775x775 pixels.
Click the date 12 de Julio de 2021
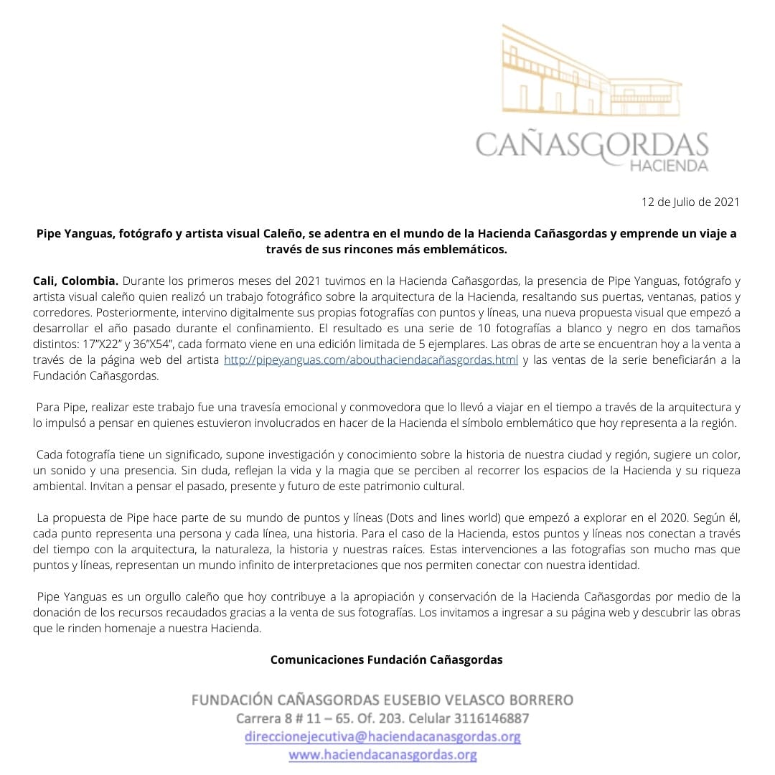tap(690, 202)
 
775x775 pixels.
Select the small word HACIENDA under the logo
tap(668, 166)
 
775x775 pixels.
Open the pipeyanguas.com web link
tap(370, 360)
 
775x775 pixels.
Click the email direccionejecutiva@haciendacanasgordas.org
tap(382, 736)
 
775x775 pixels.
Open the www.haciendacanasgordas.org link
tap(382, 754)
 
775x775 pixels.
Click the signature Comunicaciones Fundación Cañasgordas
tap(386, 660)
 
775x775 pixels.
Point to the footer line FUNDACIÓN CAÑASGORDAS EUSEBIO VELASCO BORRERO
tap(382, 700)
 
